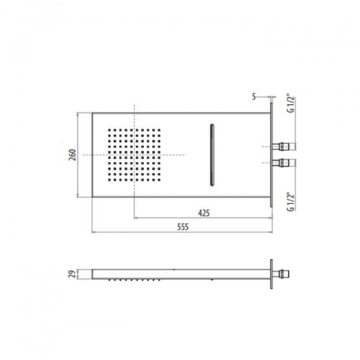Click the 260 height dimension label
pos(73,155)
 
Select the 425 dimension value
pos(204,213)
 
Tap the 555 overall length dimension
pos(183,227)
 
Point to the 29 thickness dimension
pos(73,274)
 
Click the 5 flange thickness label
pos(254,97)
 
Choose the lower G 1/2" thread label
pos(291,202)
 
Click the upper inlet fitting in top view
pos(284,146)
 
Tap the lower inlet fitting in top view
pos(284,163)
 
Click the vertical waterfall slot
pos(212,155)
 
